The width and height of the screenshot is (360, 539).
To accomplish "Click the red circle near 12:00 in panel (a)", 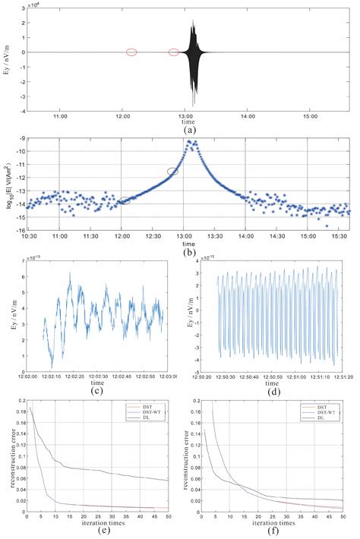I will click(131, 52).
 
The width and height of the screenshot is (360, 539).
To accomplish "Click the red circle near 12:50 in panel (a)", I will click(174, 52).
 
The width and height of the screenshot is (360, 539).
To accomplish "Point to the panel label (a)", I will click(185, 129).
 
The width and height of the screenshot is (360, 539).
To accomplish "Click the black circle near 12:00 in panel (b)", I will click(125, 200).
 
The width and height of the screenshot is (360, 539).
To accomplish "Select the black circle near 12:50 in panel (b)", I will click(172, 172).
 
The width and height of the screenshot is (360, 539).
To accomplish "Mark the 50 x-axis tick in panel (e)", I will click(167, 515).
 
